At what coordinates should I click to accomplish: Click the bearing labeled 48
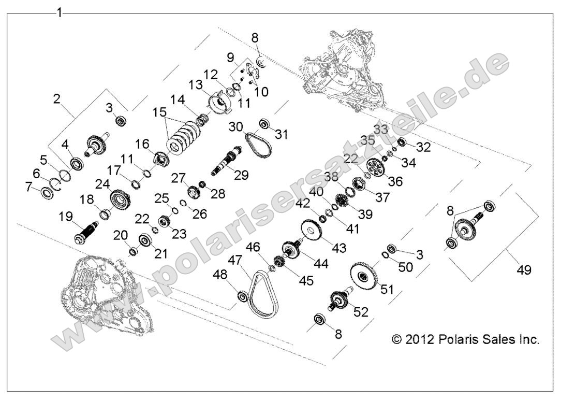pyautogui.click(x=241, y=297)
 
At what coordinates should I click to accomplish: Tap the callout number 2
pyautogui.click(x=57, y=99)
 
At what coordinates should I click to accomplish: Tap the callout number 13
pyautogui.click(x=195, y=84)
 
